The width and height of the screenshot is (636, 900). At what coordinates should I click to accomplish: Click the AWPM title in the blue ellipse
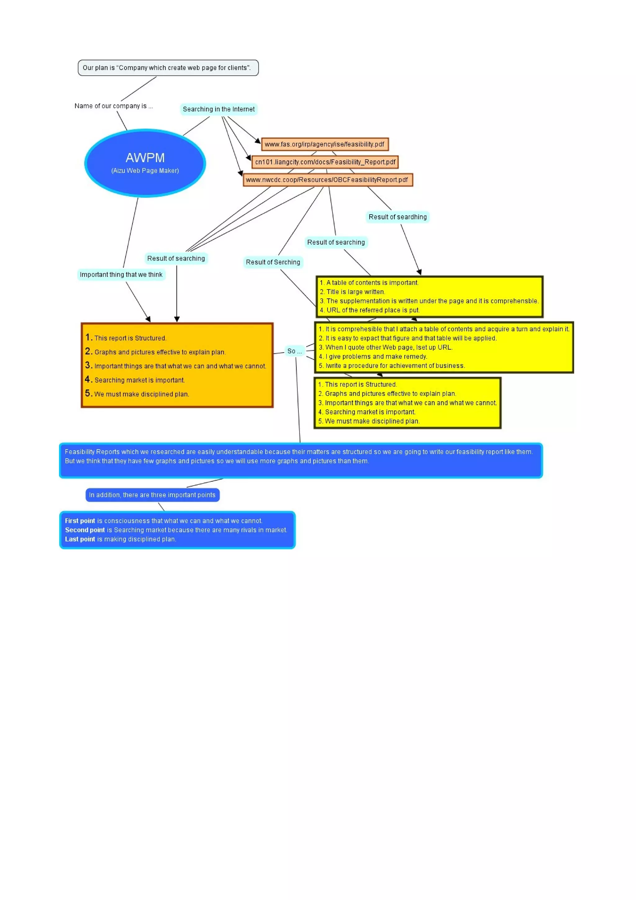145,157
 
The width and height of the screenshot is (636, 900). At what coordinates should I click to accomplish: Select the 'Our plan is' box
168,68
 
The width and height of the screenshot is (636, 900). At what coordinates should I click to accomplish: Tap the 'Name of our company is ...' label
114,106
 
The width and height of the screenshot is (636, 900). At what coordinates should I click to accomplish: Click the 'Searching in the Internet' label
219,109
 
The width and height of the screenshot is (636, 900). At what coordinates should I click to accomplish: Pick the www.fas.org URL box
325,144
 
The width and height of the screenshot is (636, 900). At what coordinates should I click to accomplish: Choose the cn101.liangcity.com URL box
325,162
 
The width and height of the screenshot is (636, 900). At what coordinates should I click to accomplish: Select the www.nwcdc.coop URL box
327,180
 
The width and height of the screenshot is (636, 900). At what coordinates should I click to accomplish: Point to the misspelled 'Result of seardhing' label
397,217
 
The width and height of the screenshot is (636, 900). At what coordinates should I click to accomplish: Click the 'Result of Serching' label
273,262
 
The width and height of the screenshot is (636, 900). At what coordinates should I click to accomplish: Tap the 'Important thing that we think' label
121,275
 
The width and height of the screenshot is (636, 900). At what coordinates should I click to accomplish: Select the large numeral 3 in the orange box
88,365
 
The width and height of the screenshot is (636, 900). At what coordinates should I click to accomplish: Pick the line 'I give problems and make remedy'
376,356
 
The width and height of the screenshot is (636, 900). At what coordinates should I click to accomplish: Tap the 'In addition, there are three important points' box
152,495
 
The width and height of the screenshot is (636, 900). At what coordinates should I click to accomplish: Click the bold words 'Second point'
85,530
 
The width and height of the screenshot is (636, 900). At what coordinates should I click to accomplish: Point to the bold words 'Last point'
80,539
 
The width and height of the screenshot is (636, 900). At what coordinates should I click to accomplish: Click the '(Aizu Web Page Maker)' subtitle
145,170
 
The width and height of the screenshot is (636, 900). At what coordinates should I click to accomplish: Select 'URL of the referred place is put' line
373,310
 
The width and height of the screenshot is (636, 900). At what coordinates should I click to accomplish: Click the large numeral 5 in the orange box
88,393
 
